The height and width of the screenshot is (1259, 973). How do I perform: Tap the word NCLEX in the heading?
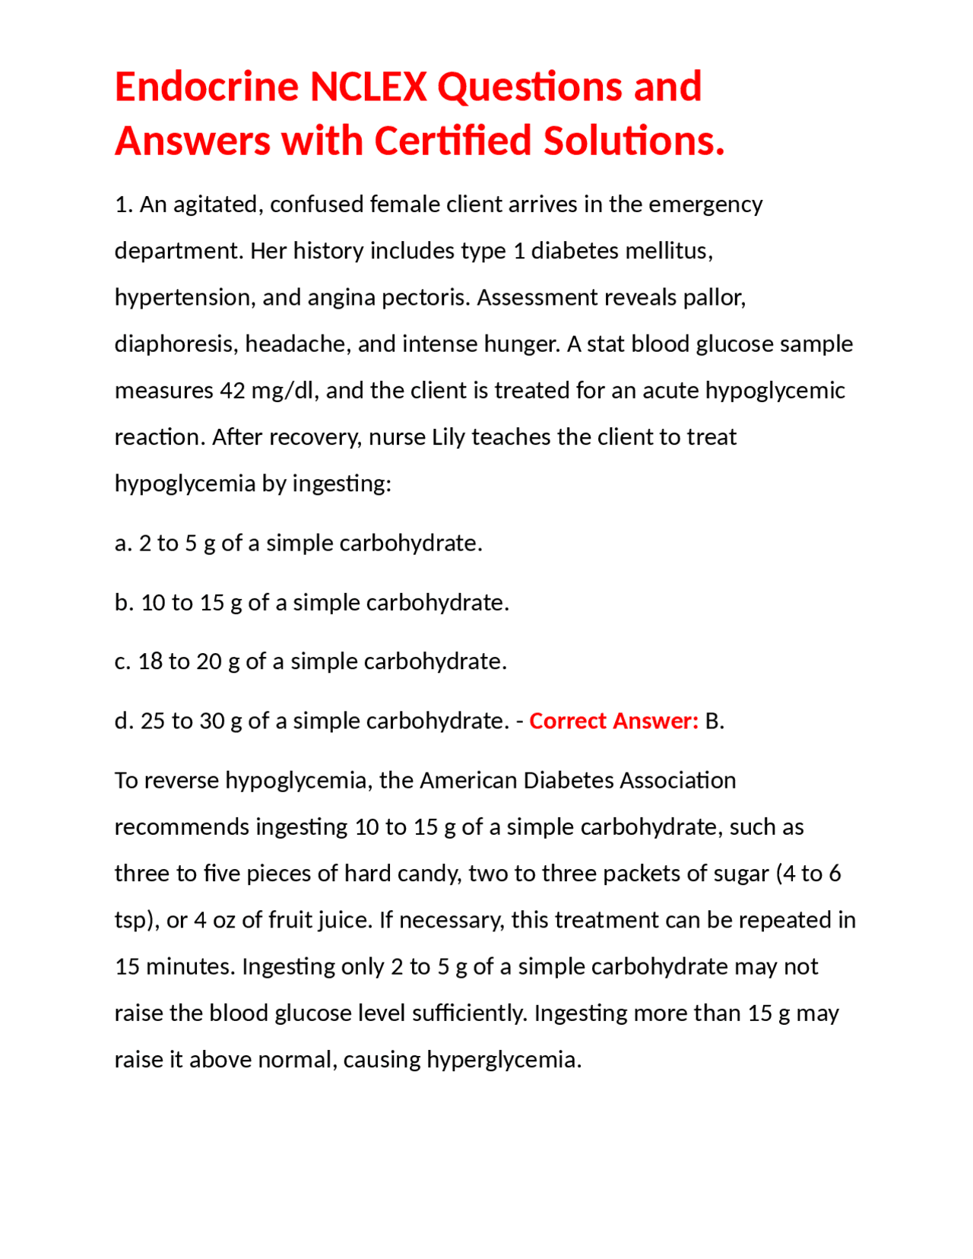(368, 87)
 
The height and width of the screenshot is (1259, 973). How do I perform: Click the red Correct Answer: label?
(613, 721)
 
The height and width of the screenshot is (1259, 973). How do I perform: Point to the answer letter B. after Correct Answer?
(714, 721)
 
